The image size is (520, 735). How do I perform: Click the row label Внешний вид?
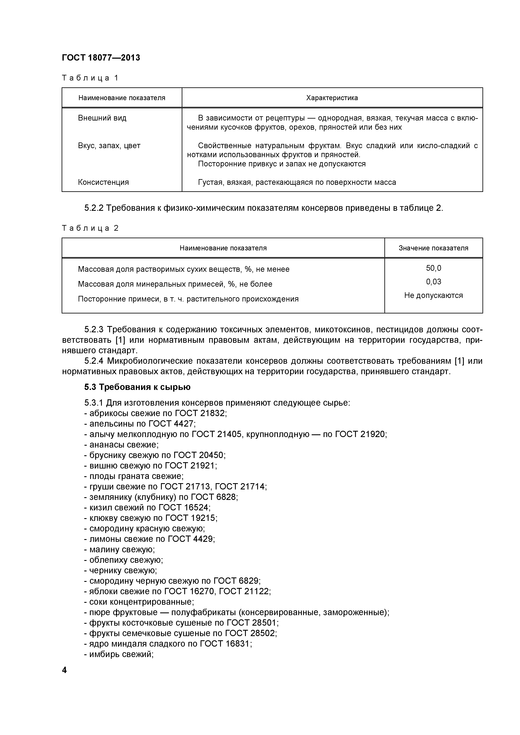(x=102, y=118)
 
